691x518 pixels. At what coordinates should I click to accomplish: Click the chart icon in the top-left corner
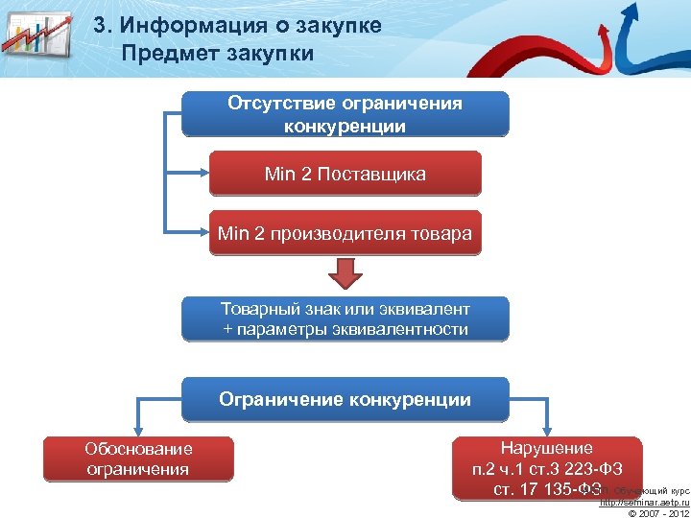click(36, 38)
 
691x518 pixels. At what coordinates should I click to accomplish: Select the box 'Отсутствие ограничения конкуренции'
click(345, 115)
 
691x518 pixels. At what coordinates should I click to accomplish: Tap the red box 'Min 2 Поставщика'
click(345, 175)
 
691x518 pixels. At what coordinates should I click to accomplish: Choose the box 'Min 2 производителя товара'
click(345, 233)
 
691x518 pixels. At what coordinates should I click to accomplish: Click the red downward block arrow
click(345, 275)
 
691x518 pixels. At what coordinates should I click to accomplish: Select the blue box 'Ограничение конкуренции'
click(345, 400)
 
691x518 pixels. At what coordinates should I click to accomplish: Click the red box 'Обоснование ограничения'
click(138, 459)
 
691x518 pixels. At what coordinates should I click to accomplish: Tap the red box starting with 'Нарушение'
click(547, 468)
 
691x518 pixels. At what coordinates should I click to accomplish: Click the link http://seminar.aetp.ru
click(645, 503)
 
